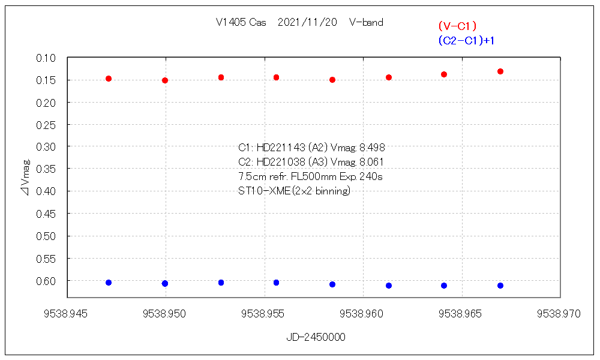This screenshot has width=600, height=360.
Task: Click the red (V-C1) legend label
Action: pyautogui.click(x=457, y=26)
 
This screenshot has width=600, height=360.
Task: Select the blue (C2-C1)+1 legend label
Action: pyautogui.click(x=470, y=40)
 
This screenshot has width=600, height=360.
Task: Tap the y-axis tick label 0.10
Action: pyautogui.click(x=46, y=58)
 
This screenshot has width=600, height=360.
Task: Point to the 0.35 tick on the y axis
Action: pyautogui.click(x=46, y=169)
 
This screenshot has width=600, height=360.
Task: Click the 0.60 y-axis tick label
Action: pyautogui.click(x=46, y=281)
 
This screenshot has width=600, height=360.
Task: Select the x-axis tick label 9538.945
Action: pyautogui.click(x=67, y=314)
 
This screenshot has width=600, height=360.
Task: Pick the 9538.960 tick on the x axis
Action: pyautogui.click(x=364, y=314)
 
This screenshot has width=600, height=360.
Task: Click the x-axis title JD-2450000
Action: pyautogui.click(x=316, y=337)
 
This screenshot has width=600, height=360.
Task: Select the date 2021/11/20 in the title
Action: pyautogui.click(x=307, y=23)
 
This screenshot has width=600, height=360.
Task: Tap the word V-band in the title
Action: pyautogui.click(x=365, y=23)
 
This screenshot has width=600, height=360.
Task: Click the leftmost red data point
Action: pyautogui.click(x=109, y=79)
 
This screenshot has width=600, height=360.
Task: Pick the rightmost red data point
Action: pyautogui.click(x=500, y=71)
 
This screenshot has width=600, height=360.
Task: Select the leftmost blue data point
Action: pyautogui.click(x=109, y=283)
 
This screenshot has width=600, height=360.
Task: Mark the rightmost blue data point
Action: pyautogui.click(x=500, y=286)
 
